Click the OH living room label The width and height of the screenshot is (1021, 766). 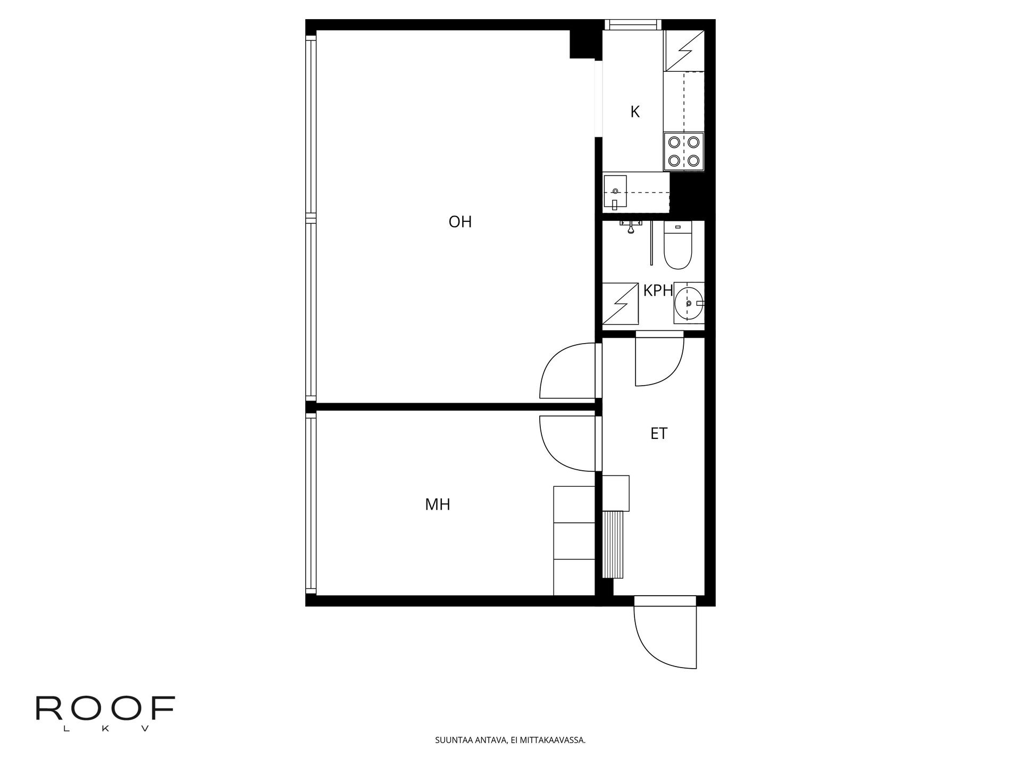[460, 222]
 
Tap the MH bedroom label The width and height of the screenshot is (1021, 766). [438, 504]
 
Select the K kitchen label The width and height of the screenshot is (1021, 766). [635, 112]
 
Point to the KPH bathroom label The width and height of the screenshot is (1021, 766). [658, 290]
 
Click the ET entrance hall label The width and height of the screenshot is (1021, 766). [659, 434]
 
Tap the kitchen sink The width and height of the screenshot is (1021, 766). [615, 191]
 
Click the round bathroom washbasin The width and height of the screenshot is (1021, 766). [688, 303]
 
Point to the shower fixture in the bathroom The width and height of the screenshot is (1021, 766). [630, 226]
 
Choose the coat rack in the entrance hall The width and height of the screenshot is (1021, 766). [615, 544]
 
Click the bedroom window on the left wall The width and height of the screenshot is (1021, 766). [311, 504]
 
